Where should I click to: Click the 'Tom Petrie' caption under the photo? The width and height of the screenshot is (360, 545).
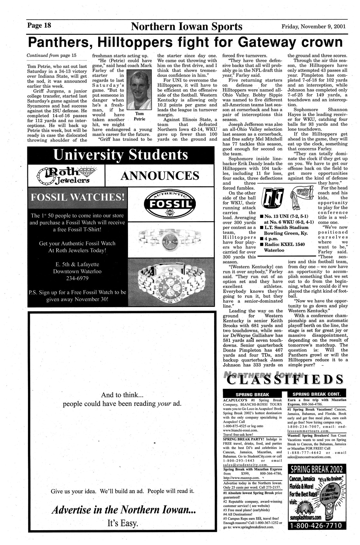(139, 116)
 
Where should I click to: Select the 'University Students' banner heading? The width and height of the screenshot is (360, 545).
(121, 155)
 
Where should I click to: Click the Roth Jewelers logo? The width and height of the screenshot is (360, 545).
(66, 175)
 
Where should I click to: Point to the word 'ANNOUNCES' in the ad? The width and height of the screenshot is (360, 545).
(159, 175)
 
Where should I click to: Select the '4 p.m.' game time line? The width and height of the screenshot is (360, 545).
(271, 239)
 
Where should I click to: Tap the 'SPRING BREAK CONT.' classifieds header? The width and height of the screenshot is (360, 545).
(317, 394)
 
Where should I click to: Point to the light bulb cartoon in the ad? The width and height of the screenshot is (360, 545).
(334, 501)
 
